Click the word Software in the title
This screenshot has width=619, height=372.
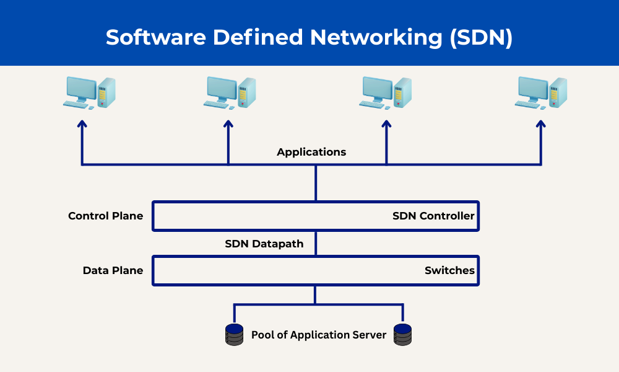156,37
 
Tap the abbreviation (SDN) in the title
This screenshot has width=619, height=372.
481,38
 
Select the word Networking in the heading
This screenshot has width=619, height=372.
376,38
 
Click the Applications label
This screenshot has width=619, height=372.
311,152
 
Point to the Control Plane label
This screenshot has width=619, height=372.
105,216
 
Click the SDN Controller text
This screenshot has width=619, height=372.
433,216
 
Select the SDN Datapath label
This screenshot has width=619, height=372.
264,244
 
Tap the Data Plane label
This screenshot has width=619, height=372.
113,270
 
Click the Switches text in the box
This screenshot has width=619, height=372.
449,270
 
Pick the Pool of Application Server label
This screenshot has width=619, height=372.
319,335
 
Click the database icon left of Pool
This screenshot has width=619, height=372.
234,335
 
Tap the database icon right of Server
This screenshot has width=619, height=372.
403,335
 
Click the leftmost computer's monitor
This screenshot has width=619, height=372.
81,89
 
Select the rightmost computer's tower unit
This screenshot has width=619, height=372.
558,92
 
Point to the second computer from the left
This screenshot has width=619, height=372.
230,93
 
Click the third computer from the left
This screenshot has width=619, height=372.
385,93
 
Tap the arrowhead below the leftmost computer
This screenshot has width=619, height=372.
82,124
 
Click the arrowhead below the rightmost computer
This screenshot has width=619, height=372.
541,124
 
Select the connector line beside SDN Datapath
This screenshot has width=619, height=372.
316,244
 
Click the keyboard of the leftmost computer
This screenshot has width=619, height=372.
76,105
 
